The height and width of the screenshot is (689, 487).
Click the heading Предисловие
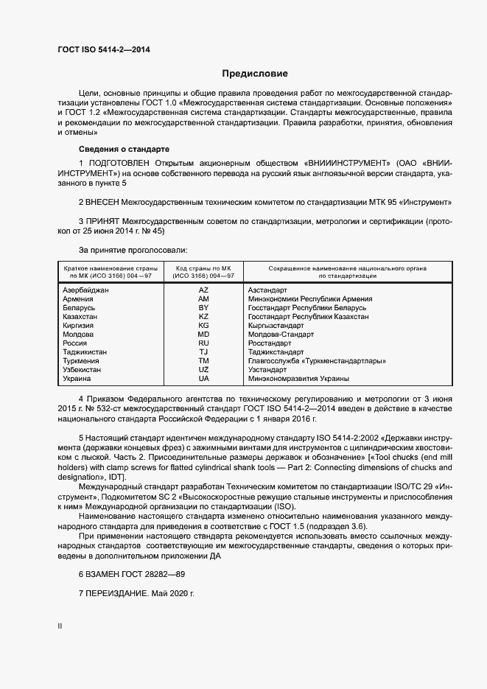[x=255, y=74]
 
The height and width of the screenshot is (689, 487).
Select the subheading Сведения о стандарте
[x=113, y=149]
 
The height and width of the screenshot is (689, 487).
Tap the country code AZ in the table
[x=203, y=290]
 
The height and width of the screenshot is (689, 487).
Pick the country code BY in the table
[x=203, y=308]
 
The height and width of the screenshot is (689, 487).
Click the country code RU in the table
[x=203, y=343]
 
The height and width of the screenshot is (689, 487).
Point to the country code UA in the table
[x=203, y=379]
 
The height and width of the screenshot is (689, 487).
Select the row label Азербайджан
[x=86, y=290]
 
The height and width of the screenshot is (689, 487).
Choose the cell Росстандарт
[x=270, y=343]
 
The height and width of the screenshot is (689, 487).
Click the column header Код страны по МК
[x=203, y=267]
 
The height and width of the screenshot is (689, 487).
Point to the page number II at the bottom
[x=60, y=626]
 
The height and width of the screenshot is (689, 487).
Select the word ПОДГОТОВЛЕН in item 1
[x=122, y=162]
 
